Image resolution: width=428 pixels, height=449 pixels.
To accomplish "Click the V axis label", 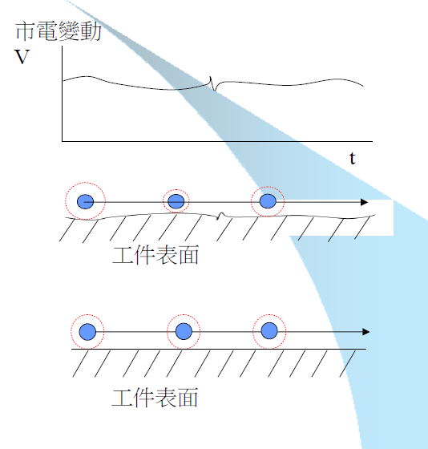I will point(21,59).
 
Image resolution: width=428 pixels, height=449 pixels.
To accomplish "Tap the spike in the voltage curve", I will point(213,83).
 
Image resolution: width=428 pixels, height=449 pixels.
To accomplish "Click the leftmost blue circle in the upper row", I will point(86,201).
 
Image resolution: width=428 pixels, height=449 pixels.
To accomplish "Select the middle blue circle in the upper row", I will point(176,201).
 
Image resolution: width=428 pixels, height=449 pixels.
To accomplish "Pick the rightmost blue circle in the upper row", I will point(268,201).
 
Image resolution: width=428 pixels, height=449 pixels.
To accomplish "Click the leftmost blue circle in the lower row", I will point(87,331).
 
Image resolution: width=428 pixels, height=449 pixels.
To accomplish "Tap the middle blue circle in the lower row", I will point(184,331).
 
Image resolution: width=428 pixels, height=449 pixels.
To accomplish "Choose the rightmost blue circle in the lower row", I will point(270,331).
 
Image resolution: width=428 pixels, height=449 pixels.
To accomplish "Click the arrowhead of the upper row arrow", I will point(365,202).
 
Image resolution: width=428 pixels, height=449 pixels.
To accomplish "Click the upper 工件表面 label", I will point(155,256).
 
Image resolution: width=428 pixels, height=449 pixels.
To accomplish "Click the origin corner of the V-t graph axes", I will point(63,141).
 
